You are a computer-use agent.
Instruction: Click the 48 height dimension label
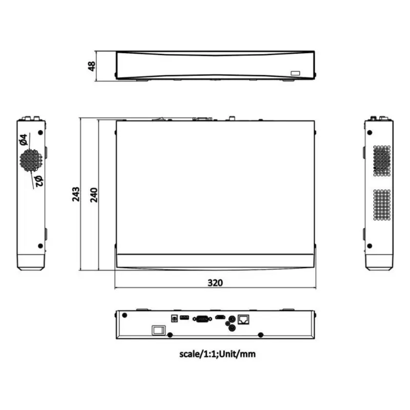point(92,65)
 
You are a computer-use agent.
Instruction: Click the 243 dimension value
point(76,194)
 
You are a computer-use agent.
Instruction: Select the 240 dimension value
point(94,194)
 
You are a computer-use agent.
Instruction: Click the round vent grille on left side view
point(30,160)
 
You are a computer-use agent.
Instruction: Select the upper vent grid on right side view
point(381,160)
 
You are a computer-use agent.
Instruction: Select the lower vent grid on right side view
point(381,204)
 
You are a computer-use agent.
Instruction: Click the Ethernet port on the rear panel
point(245,318)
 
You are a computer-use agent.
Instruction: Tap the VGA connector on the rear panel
point(201,318)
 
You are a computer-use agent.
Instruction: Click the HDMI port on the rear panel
point(220,317)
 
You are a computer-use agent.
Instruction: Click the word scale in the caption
point(191,354)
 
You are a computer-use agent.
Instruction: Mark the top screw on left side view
point(40,130)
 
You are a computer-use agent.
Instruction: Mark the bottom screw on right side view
point(370,246)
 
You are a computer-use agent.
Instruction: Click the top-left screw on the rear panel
point(124,315)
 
